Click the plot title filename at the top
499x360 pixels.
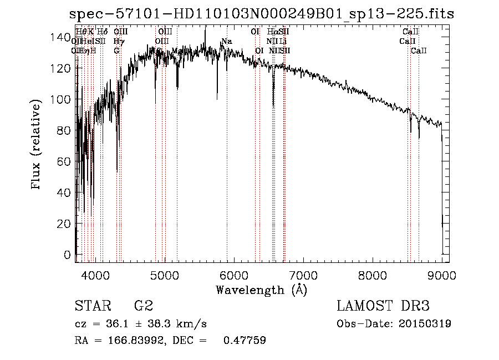pyautogui.click(x=261, y=14)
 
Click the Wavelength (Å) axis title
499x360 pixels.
pyautogui.click(x=261, y=290)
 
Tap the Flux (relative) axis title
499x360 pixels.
pyautogui.click(x=37, y=146)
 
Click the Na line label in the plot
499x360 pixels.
pyautogui.click(x=226, y=42)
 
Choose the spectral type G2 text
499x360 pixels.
pyautogui.click(x=144, y=306)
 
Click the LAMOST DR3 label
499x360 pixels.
pyautogui.click(x=383, y=306)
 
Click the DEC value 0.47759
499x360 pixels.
pyautogui.click(x=244, y=341)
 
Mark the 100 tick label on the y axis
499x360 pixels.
pyautogui.click(x=59, y=99)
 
